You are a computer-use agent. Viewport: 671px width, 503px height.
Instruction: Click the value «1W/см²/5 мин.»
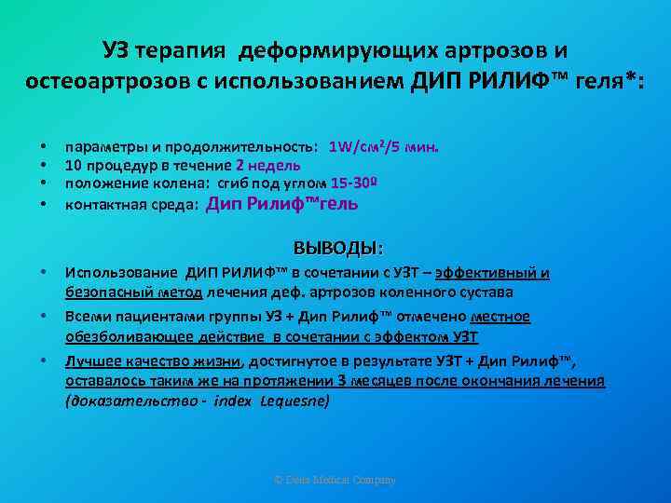(384, 147)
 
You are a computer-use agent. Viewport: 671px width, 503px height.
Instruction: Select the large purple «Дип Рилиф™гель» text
(281, 203)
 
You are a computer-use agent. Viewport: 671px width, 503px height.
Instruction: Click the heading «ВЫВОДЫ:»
(337, 249)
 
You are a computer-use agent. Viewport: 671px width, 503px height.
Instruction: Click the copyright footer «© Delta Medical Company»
(335, 480)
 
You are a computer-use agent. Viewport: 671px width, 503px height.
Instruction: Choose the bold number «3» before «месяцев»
(344, 380)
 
